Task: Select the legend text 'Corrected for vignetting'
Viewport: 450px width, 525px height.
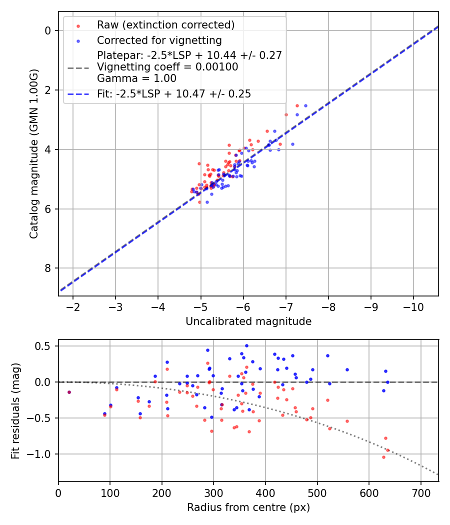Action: point(159,40)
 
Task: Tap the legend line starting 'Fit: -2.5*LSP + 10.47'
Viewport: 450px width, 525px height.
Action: point(174,93)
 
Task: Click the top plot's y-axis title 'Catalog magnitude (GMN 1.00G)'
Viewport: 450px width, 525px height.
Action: point(33,153)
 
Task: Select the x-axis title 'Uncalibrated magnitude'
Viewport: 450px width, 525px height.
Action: point(248,321)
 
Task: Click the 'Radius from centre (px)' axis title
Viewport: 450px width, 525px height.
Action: point(248,507)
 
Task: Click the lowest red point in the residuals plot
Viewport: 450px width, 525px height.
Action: point(383,457)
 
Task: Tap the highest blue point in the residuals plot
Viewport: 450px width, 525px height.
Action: point(246,345)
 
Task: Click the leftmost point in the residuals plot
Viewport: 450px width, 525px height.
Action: point(69,392)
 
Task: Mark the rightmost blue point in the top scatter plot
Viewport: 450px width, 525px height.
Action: point(305,105)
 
